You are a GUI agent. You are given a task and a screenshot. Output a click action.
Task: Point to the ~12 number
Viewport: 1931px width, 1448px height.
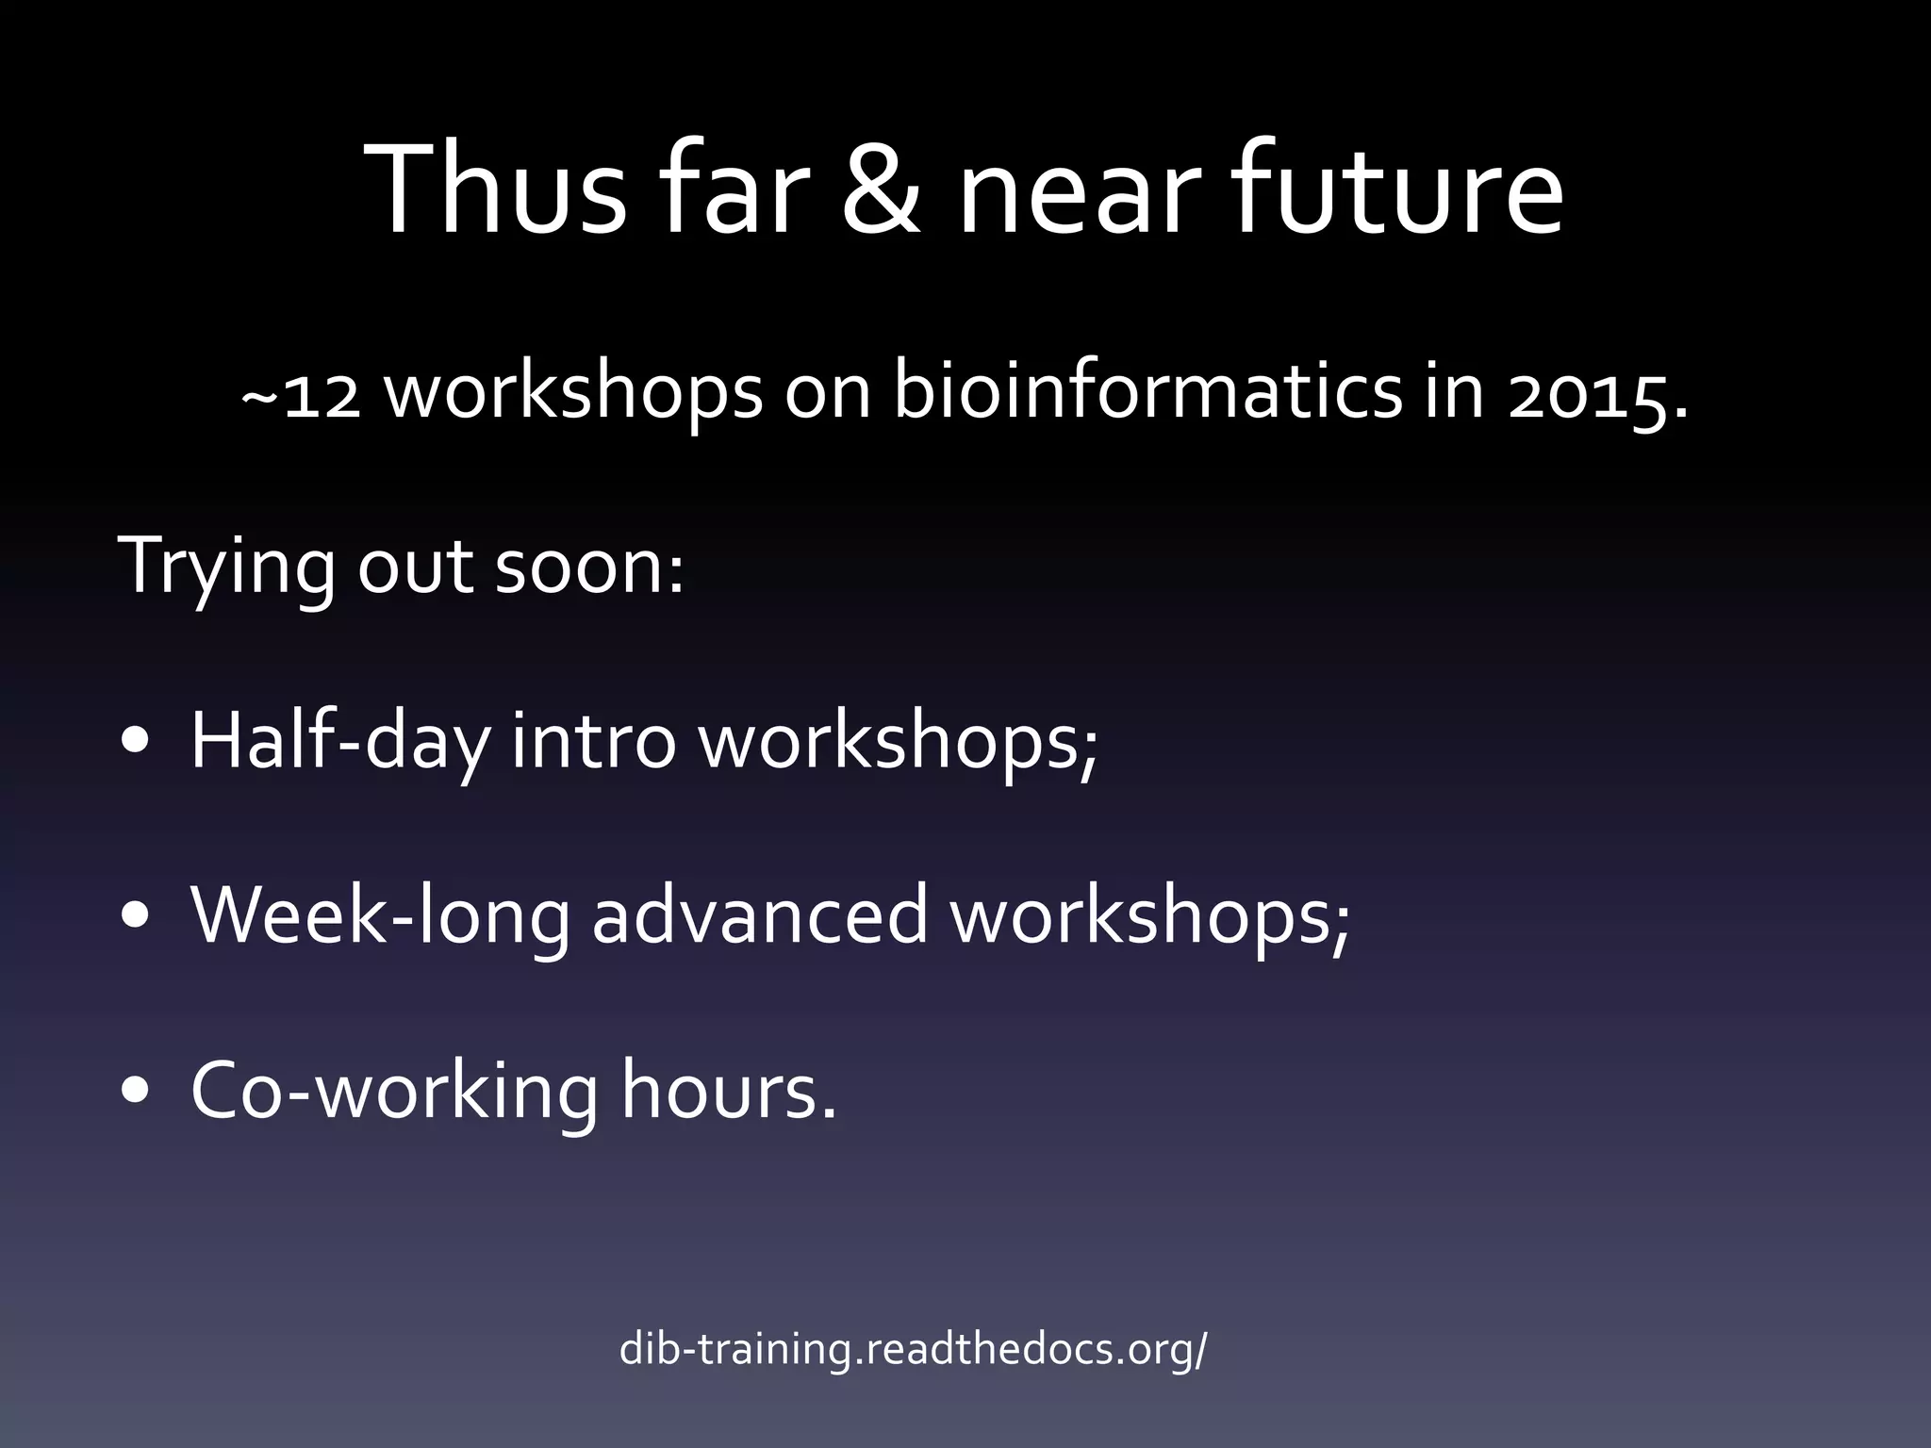coord(300,394)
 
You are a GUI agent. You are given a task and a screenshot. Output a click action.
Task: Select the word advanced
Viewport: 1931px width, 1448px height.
coord(760,915)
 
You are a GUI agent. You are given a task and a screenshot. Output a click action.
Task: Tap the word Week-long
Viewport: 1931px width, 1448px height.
coord(380,917)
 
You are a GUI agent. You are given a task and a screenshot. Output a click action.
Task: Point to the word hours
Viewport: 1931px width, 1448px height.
coord(727,1091)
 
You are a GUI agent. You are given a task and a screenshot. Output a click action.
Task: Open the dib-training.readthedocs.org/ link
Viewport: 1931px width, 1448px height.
coord(912,1350)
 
